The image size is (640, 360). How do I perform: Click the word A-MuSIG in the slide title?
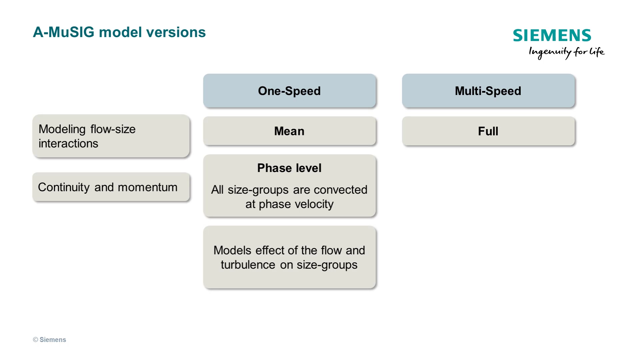[x=64, y=32]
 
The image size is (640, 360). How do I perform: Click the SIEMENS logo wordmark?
[x=552, y=35]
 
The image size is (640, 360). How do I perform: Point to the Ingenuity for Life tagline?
[x=566, y=52]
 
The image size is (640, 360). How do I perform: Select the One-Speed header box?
[x=289, y=91]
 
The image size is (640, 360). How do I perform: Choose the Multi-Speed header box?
[x=488, y=91]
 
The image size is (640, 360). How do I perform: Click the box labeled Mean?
[x=289, y=131]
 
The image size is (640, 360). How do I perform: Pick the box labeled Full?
[x=488, y=131]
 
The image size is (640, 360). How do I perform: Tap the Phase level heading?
[x=289, y=168]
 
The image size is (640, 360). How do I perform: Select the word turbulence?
[x=248, y=265]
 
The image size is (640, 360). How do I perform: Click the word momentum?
[x=148, y=187]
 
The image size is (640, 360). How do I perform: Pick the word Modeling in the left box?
[x=62, y=129]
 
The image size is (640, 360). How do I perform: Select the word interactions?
[x=68, y=144]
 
